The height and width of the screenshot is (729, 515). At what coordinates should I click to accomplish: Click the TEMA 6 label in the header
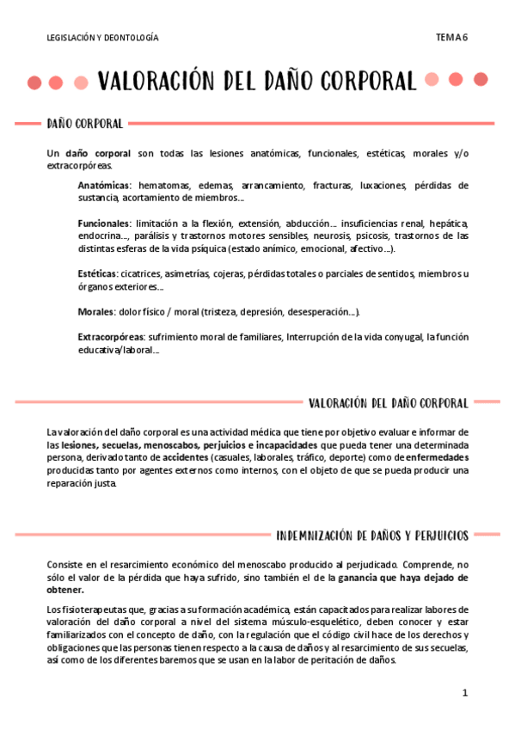(451, 37)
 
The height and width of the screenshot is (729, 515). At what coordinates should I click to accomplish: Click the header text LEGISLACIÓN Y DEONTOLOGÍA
(102, 38)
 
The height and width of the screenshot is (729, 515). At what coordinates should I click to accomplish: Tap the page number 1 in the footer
(464, 692)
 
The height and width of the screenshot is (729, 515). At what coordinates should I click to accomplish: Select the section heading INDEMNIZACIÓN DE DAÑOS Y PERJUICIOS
(372, 536)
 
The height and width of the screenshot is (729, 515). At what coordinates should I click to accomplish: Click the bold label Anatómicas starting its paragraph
(104, 186)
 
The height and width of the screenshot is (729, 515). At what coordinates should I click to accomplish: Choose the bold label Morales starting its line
(95, 311)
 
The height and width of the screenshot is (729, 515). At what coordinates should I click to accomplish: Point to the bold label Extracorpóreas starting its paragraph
(110, 337)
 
